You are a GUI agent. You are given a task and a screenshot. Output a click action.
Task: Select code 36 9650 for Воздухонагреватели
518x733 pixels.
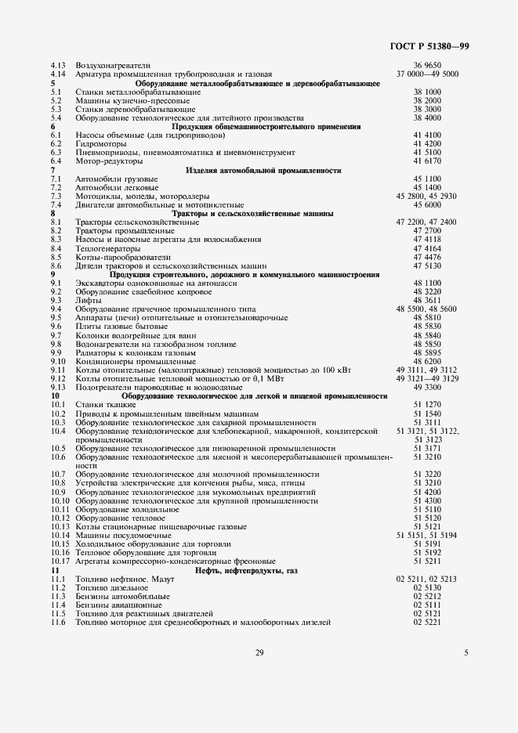[427, 65]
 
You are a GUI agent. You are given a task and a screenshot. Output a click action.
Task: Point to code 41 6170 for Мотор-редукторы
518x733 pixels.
[427, 161]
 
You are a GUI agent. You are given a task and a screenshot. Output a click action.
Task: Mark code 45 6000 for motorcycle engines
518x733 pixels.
[427, 204]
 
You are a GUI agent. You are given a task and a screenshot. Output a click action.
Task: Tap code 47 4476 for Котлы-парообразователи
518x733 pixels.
[427, 257]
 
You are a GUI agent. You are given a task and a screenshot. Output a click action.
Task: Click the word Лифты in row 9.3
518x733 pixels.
[86, 301]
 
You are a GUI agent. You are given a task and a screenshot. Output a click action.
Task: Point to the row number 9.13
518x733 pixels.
[57, 388]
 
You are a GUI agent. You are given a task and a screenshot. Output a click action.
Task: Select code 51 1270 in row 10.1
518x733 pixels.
[427, 405]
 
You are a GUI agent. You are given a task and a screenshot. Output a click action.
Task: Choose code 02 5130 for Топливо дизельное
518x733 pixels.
[427, 587]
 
